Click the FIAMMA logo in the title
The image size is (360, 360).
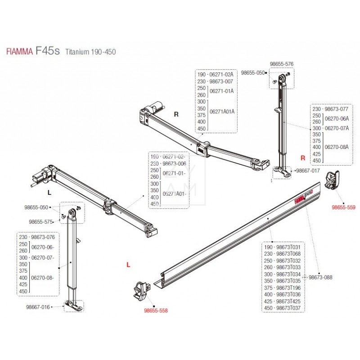[19, 52]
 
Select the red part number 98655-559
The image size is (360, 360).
[343, 207]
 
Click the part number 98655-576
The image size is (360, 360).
[281, 64]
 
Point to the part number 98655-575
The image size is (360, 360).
[41, 221]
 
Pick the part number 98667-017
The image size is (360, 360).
[308, 171]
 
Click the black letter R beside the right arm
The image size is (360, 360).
[176, 114]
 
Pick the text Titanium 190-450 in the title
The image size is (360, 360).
[91, 52]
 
